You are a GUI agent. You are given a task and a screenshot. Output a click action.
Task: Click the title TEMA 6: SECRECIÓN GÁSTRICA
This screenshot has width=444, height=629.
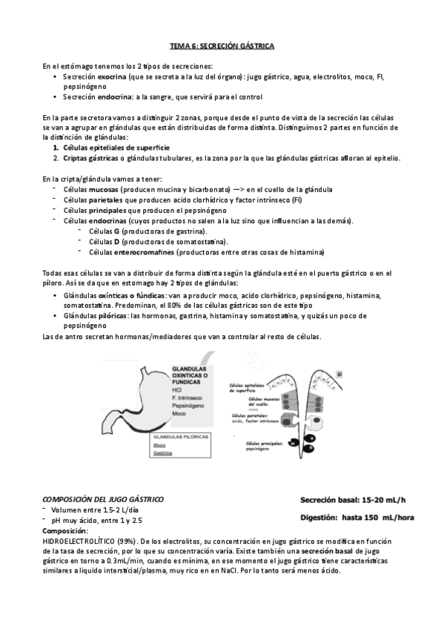point(222,47)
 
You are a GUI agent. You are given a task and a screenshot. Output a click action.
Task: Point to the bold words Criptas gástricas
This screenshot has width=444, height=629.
point(88,158)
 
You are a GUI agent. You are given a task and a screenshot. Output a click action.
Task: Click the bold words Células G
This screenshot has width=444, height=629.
point(105,231)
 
